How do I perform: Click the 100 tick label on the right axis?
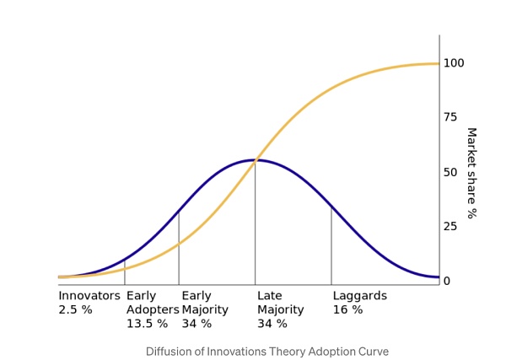pos(477,63)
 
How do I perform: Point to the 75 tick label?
pos(474,117)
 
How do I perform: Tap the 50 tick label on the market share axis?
pos(474,172)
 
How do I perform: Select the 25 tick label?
pos(474,226)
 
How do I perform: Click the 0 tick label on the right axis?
pos(471,281)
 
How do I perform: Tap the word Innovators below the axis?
pos(89,296)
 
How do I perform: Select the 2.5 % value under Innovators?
pos(75,309)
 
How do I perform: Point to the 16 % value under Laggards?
pos(347,309)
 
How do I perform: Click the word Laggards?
pos(359,296)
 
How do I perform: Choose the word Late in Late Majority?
pos(271,296)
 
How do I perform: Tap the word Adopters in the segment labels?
pos(153,309)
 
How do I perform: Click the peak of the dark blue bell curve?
pos(256,160)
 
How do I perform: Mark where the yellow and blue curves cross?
pos(254,160)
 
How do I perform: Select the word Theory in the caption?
pos(289,352)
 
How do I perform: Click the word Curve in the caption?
pos(374,352)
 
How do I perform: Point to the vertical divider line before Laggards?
pos(331,244)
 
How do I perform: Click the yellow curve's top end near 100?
pos(437,64)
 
